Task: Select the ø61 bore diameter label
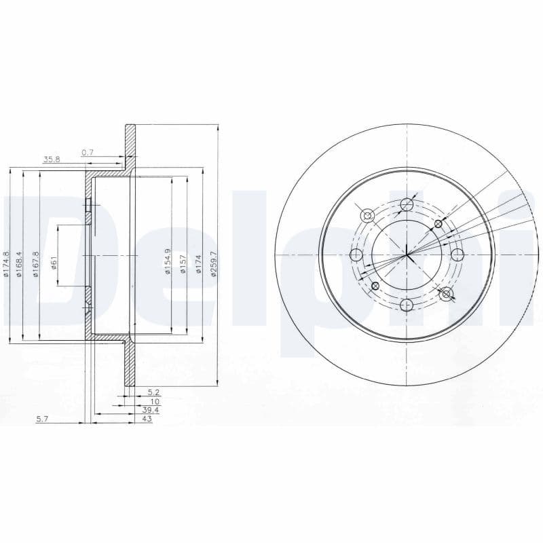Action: click(x=54, y=257)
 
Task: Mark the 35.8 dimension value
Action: click(x=52, y=160)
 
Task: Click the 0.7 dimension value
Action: click(x=88, y=153)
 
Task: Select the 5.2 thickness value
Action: click(x=153, y=393)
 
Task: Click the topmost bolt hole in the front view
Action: click(x=407, y=204)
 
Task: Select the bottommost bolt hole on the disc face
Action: click(x=407, y=305)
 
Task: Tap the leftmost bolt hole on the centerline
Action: click(x=356, y=255)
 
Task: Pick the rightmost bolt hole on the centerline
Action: click(x=457, y=255)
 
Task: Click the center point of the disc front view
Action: click(x=407, y=255)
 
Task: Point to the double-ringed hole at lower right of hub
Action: click(x=446, y=294)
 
